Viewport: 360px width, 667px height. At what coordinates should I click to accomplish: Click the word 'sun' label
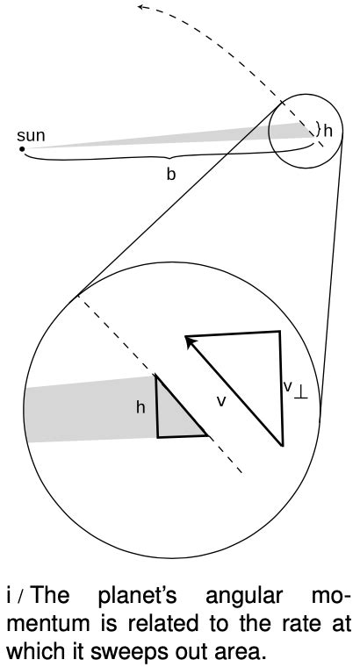(31, 137)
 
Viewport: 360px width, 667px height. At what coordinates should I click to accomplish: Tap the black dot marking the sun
(22, 150)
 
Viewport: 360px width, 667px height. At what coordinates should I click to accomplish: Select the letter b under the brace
(171, 175)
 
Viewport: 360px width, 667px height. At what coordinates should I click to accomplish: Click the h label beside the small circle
(328, 132)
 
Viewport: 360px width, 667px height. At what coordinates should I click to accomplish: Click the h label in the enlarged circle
(140, 407)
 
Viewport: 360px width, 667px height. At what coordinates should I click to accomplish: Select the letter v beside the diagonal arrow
(222, 399)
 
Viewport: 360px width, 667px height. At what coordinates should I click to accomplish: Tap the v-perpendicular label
(295, 387)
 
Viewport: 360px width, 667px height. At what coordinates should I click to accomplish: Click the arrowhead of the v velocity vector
(191, 340)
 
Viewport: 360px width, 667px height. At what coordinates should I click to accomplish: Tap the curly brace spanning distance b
(171, 158)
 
